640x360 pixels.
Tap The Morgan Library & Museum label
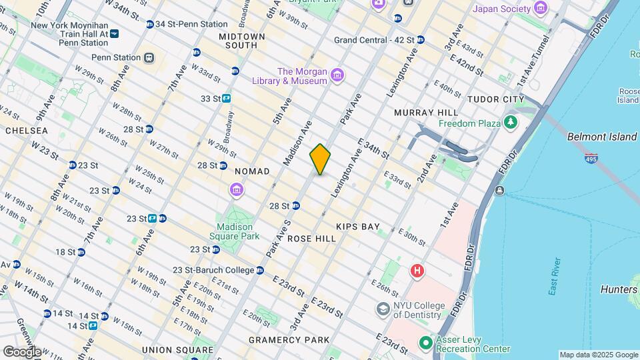(302, 76)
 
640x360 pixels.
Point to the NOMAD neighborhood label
(252, 171)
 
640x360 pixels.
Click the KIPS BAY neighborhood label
(357, 227)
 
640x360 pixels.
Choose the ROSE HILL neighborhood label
(312, 238)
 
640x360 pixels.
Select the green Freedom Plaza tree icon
(511, 123)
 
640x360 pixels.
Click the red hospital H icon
(417, 271)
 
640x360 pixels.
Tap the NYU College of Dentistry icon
(383, 309)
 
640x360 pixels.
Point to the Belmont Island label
(601, 137)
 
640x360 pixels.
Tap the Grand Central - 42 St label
(374, 40)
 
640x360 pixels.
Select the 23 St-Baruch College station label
(213, 270)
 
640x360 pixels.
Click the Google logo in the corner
(22, 351)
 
